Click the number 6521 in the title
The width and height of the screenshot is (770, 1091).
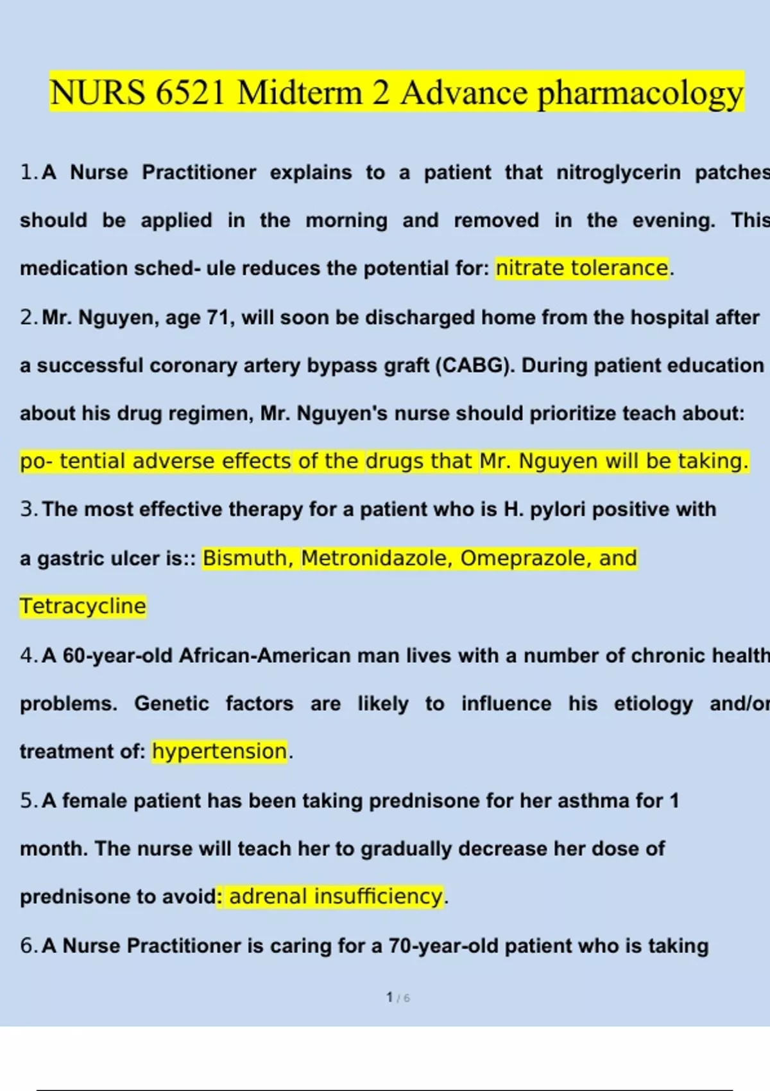click(x=190, y=93)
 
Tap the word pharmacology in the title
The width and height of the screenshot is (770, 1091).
click(x=640, y=93)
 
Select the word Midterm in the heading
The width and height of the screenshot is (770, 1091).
click(x=300, y=93)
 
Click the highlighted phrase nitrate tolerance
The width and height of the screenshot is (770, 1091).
click(x=582, y=268)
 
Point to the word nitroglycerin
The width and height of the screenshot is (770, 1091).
click(x=618, y=172)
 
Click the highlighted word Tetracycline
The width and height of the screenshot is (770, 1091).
click(x=83, y=606)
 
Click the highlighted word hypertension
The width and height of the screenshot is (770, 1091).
click(x=219, y=751)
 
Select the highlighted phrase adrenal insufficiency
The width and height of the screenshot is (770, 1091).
click(x=336, y=896)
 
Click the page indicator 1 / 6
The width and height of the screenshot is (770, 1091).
click(x=398, y=997)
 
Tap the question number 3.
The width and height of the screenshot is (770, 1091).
click(x=28, y=509)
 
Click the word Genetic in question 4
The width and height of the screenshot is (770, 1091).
click(x=171, y=703)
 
